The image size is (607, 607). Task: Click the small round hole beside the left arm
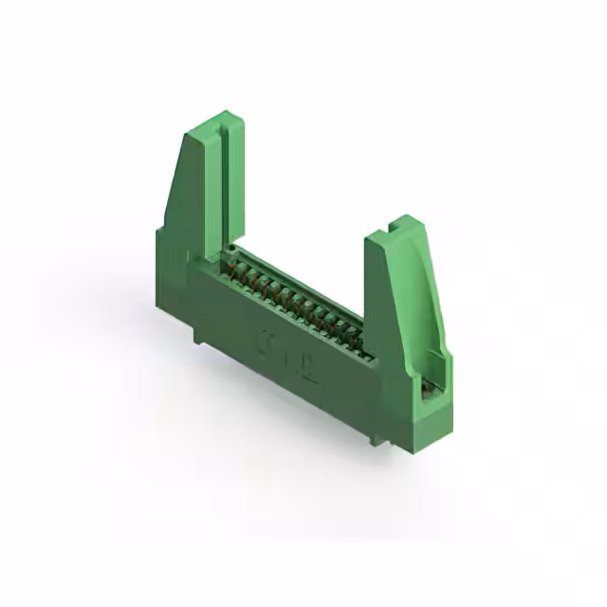[230, 248]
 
